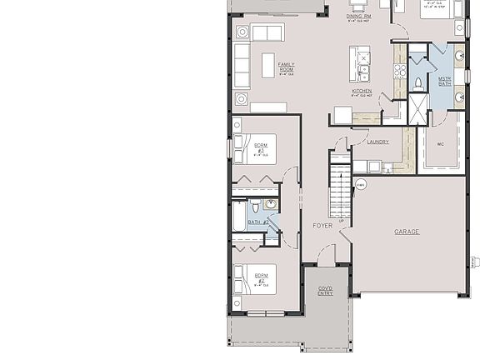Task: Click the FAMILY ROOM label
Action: (286, 67)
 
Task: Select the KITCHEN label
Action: (361, 92)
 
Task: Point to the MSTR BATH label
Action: (444, 81)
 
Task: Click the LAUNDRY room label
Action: (377, 142)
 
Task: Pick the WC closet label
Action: (440, 142)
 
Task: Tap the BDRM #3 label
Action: (261, 148)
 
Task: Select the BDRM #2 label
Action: (261, 277)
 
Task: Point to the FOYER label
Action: (322, 226)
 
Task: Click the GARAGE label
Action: (407, 232)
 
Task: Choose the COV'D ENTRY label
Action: (325, 291)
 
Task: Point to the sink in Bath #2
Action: (271, 205)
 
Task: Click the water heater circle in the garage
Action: (361, 185)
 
